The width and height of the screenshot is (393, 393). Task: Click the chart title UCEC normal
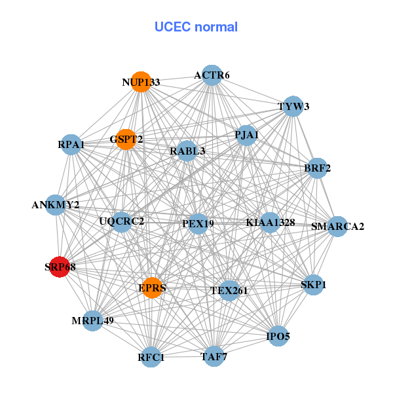[x=196, y=27]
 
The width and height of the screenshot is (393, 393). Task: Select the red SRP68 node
[x=60, y=267]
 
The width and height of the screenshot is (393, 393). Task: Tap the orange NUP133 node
[x=141, y=82]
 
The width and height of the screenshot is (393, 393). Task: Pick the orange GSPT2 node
[x=126, y=139]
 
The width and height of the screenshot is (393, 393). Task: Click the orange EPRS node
[x=152, y=288]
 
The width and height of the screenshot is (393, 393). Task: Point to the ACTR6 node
[x=211, y=75]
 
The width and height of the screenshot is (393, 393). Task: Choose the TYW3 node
[x=292, y=106]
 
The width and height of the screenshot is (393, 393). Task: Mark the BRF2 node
[x=317, y=168]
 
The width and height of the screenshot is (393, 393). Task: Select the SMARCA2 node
[x=337, y=227]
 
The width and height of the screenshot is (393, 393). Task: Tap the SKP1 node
[x=313, y=285]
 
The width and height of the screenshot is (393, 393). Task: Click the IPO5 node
[x=278, y=337]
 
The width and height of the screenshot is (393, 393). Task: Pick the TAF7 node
[x=213, y=356]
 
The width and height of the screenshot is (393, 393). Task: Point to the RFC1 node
[x=151, y=357]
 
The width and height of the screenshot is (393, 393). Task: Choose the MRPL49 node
[x=93, y=320]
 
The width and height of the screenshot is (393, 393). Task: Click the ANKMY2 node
[x=56, y=205]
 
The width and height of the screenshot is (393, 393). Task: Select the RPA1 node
[x=71, y=144]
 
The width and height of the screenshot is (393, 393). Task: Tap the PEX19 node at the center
[x=198, y=223]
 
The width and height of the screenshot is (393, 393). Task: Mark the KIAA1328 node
[x=270, y=223]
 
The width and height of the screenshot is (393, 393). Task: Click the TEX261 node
[x=229, y=290]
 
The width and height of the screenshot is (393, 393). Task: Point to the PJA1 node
[x=246, y=136]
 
